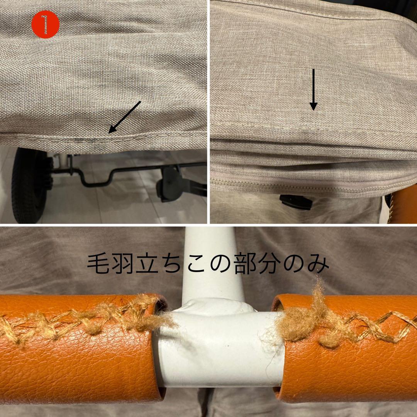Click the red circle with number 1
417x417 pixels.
46,24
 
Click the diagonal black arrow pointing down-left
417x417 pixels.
124,117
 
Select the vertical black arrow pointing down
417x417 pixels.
314,90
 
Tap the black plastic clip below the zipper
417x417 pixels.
296,202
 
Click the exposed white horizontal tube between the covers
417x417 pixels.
218,347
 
